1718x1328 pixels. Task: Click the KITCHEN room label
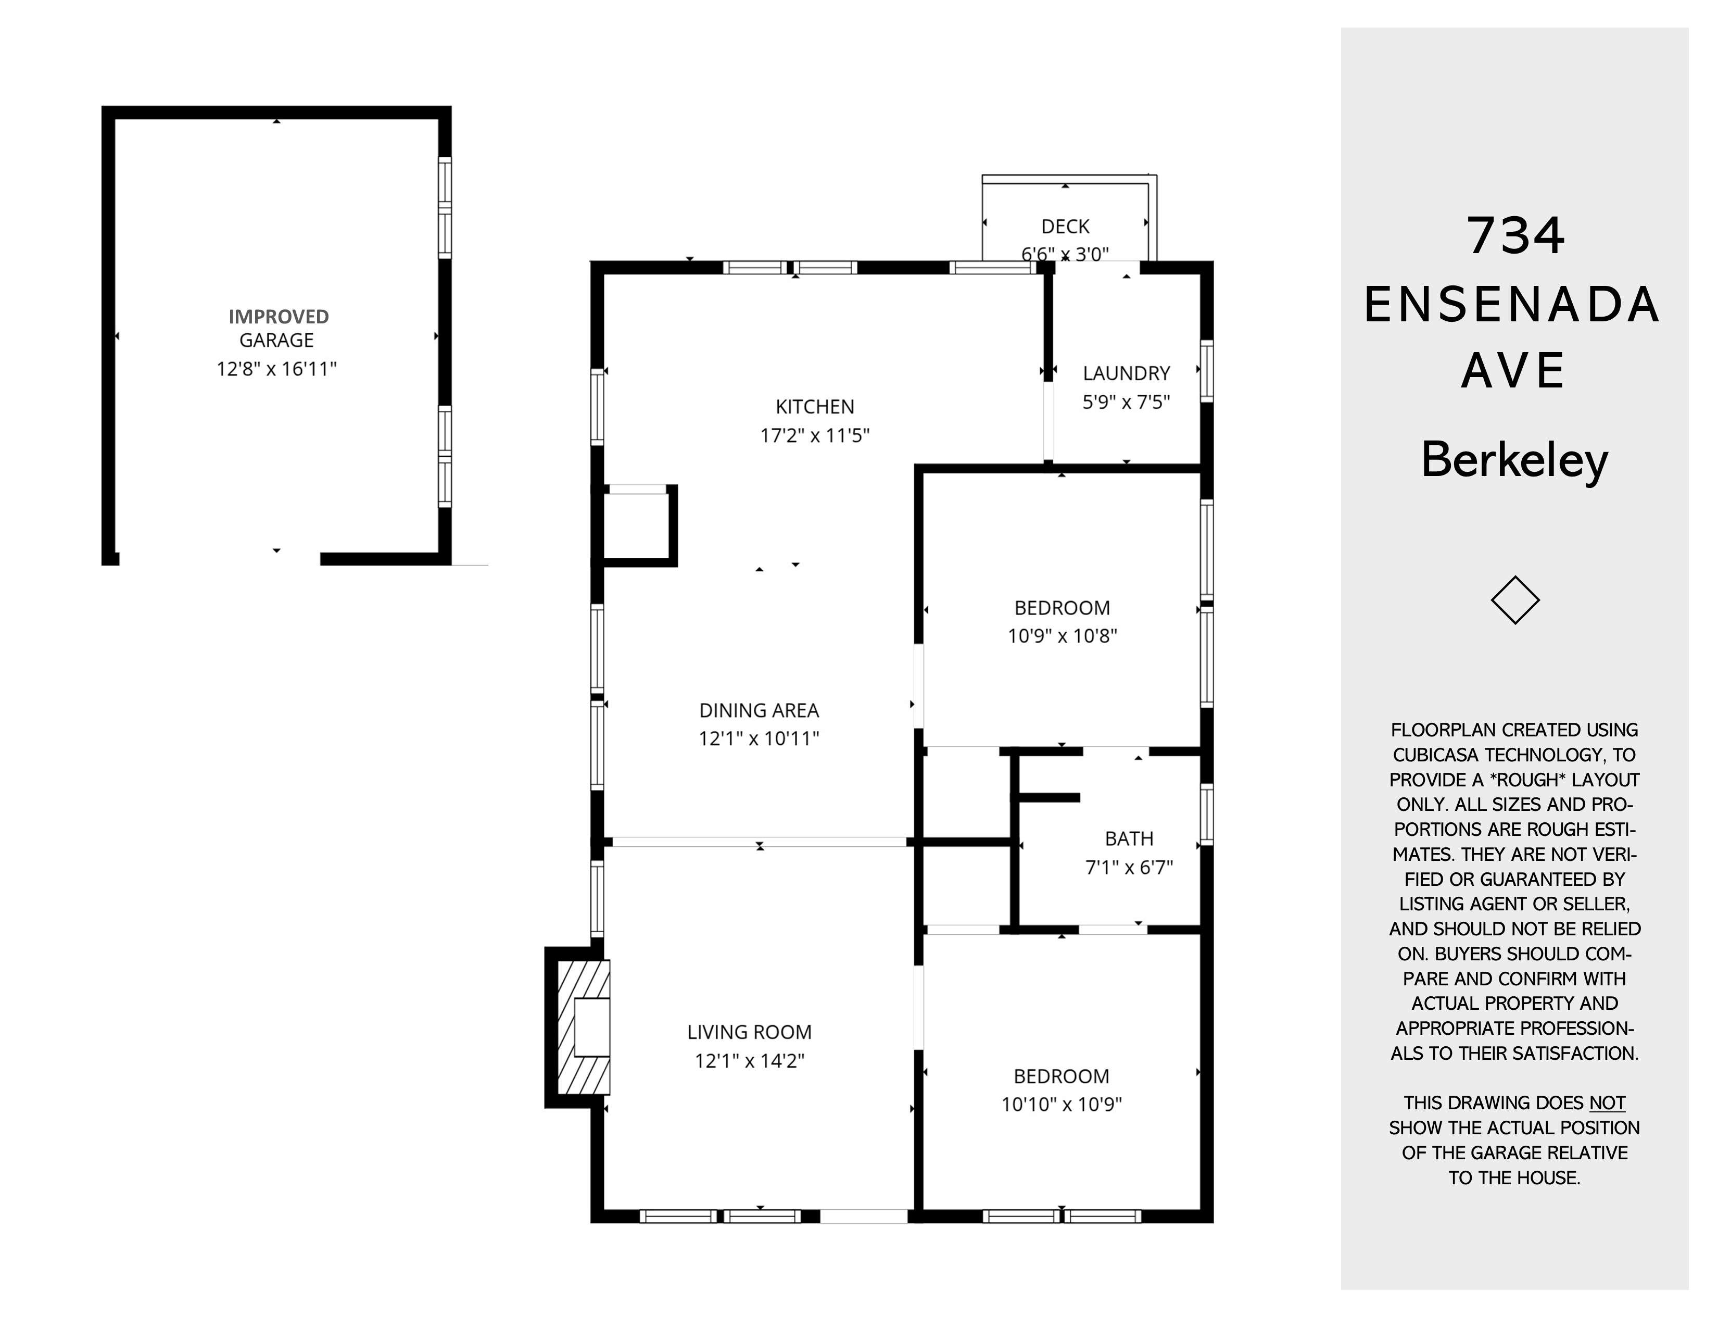(x=814, y=407)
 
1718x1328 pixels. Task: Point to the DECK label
(x=1065, y=227)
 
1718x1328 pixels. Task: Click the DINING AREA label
(x=759, y=710)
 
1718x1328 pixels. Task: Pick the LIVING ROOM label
(x=749, y=1032)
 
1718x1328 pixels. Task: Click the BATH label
(x=1129, y=838)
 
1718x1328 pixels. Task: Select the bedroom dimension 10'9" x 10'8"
(x=1062, y=636)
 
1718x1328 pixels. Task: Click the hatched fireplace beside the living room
(x=583, y=1028)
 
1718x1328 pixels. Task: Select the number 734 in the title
(x=1515, y=235)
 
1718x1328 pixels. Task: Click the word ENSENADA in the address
(x=1511, y=305)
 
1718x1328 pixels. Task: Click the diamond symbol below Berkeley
(x=1515, y=600)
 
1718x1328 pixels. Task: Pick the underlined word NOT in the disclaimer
(x=1607, y=1103)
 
